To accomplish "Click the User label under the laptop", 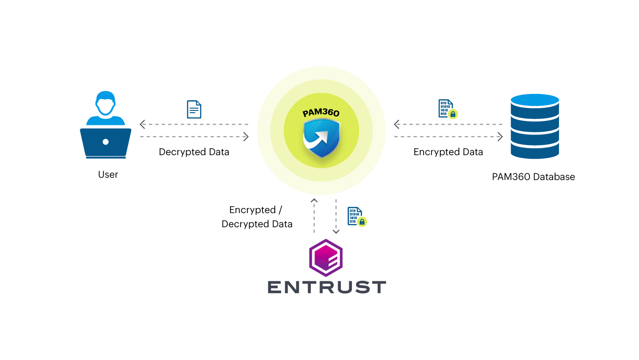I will coord(108,174).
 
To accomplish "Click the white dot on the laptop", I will coord(105,142).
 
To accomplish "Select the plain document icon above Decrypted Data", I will coord(194,110).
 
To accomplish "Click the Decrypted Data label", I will coord(194,152).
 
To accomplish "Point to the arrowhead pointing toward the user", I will coord(142,124).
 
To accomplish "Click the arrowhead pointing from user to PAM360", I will coord(246,136).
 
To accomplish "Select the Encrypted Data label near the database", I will coord(448,152).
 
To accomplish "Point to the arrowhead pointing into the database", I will coord(500,136).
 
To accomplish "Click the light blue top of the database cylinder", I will coord(535,100).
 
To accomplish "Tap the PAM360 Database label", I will coord(533,177).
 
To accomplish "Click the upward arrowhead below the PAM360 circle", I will coord(314,201).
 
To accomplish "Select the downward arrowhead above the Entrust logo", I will coord(336,231).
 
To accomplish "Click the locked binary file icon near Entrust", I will coord(356,217).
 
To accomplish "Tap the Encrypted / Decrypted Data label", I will coord(257,217).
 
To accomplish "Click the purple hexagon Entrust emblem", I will coord(325,258).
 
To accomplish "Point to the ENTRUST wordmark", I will coord(327,287).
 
